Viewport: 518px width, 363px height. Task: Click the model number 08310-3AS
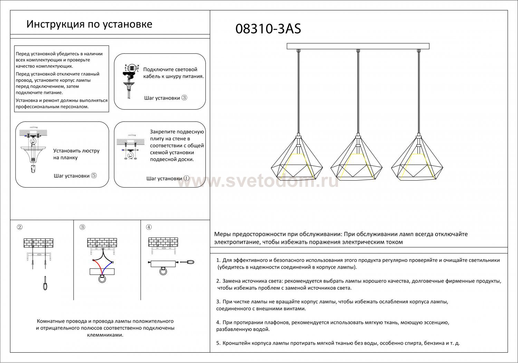[x=268, y=29]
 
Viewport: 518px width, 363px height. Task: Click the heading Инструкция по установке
[x=89, y=24]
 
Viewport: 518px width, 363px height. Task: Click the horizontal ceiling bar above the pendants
[x=358, y=46]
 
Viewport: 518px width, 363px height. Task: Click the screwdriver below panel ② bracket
[x=45, y=283]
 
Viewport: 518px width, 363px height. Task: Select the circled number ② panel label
[x=20, y=227]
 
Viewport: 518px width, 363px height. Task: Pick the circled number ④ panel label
[x=149, y=227]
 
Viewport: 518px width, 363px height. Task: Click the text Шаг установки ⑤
[x=75, y=176]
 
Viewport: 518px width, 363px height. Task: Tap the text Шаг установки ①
[x=168, y=179]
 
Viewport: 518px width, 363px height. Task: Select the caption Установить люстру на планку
[x=76, y=154]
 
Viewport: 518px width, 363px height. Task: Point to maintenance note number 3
[x=332, y=305]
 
